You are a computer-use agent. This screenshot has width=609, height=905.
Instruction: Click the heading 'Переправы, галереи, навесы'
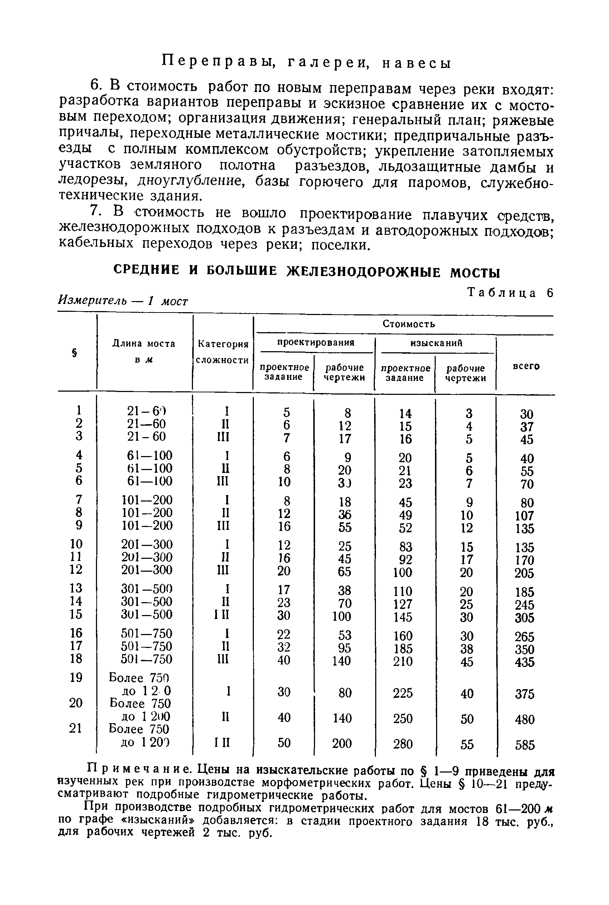[x=306, y=63]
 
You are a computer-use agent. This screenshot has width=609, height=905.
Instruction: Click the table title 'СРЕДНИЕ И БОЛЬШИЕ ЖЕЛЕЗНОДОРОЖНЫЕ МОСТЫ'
[x=306, y=271]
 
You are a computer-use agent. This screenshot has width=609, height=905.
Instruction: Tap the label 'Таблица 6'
[x=510, y=293]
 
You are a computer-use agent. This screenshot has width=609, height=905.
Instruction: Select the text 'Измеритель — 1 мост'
[x=123, y=300]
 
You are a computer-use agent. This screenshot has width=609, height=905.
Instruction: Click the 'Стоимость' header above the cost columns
[x=409, y=324]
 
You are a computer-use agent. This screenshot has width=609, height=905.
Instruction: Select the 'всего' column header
[x=526, y=366]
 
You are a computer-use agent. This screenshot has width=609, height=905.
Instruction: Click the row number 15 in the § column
[x=76, y=614]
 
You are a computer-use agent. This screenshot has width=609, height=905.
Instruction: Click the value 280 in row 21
[x=403, y=744]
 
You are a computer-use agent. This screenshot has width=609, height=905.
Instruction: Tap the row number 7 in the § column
[x=79, y=499]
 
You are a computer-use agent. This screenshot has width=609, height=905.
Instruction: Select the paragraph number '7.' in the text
[x=96, y=212]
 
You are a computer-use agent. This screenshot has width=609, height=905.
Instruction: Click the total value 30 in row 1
[x=527, y=414]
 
